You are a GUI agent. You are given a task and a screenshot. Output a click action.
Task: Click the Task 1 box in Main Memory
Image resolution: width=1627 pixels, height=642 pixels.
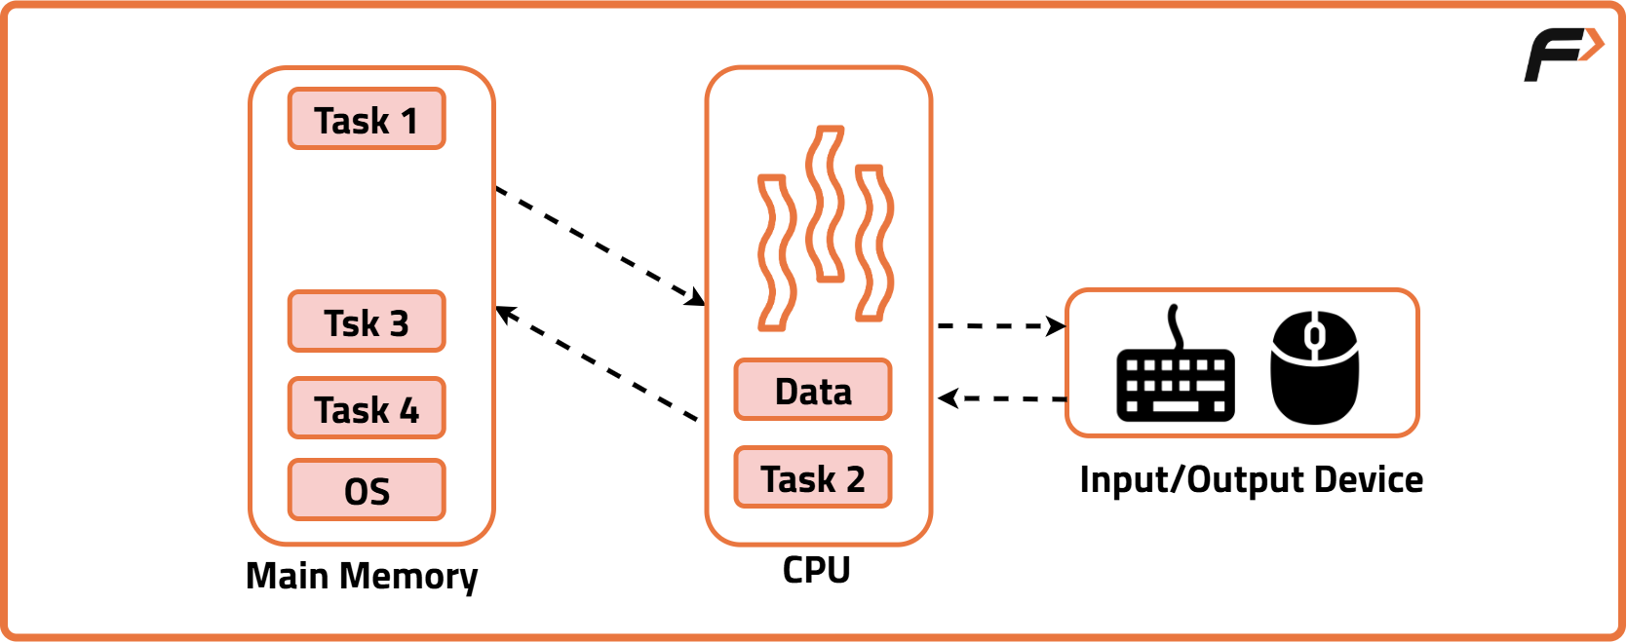click(x=367, y=120)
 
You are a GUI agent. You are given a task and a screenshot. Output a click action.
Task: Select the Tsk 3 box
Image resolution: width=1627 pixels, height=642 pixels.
click(x=367, y=322)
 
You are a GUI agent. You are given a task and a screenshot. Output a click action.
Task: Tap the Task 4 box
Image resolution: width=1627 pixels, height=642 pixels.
click(x=367, y=409)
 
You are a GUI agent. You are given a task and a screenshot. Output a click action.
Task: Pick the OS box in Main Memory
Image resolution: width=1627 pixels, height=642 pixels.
click(x=367, y=491)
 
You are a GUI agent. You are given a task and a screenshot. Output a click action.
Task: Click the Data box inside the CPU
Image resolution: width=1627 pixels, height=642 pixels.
click(x=813, y=391)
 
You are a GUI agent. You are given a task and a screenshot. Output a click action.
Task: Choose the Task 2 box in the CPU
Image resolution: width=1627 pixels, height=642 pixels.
click(x=813, y=478)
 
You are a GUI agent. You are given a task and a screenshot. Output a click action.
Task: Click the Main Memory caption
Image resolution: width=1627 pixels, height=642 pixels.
click(x=362, y=576)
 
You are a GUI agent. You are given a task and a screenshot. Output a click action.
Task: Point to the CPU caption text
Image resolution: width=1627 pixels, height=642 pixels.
click(x=817, y=570)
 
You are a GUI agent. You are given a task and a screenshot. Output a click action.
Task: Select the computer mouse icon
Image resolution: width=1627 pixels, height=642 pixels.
click(x=1314, y=368)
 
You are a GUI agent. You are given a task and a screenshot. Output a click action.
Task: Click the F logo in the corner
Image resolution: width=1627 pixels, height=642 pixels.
click(x=1562, y=56)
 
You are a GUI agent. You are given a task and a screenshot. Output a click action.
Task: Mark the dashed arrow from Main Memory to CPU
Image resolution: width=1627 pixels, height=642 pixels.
click(x=599, y=245)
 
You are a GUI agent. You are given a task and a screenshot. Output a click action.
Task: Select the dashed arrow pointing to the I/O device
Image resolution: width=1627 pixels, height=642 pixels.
click(x=1000, y=325)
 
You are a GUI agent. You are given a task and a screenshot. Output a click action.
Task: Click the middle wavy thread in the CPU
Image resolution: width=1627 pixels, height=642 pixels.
click(x=826, y=204)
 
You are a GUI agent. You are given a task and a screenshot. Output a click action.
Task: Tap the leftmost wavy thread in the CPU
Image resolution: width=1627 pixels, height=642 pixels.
click(x=776, y=253)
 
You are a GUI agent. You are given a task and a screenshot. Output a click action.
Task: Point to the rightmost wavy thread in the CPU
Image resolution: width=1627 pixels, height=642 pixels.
click(x=873, y=244)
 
